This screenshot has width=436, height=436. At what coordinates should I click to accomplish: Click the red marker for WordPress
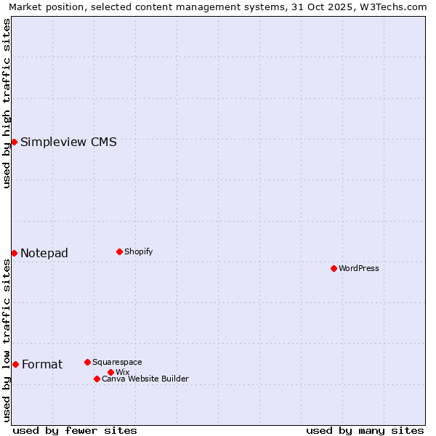[334, 268]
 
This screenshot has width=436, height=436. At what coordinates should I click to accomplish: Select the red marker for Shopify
[119, 251]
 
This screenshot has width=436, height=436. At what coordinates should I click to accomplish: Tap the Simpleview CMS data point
[14, 142]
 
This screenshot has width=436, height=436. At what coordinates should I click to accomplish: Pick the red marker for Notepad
[14, 253]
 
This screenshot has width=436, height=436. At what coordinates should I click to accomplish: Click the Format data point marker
[15, 364]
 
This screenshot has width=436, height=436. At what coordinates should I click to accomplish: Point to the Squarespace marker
[87, 362]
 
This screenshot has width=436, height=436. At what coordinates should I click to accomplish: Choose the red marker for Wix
[110, 372]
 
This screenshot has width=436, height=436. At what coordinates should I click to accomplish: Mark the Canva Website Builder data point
[97, 379]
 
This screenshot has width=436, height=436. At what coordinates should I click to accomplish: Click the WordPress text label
[359, 268]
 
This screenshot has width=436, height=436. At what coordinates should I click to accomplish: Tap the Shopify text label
[139, 251]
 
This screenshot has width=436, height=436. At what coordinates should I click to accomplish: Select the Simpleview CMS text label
[68, 142]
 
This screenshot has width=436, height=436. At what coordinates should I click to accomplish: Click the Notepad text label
[44, 253]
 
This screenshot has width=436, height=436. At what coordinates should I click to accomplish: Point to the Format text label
[42, 364]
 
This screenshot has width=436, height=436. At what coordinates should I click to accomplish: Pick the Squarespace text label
[117, 362]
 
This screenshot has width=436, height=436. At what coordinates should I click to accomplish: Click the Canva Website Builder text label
[145, 379]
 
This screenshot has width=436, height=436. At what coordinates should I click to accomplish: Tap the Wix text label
[123, 372]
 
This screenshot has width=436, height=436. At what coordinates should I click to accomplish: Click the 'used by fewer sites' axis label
[75, 430]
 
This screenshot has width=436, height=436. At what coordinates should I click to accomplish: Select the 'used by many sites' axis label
[365, 430]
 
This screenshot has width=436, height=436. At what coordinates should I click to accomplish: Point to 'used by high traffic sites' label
[7, 103]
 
